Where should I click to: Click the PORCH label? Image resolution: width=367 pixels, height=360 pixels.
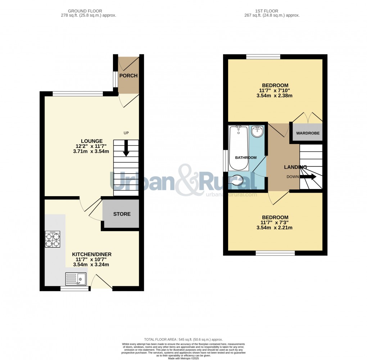[128, 76]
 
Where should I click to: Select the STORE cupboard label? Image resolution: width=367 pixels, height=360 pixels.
[122, 214]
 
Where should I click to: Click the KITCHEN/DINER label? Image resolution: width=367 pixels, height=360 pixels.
[91, 253]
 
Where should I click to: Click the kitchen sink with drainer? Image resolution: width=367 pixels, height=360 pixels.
[76, 279]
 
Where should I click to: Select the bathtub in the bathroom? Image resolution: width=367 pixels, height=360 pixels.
[239, 148]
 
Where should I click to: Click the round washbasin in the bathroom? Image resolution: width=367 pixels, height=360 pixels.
[257, 131]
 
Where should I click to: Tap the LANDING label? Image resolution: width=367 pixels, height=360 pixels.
[295, 167]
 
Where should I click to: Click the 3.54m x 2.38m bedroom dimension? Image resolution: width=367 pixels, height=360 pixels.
[275, 96]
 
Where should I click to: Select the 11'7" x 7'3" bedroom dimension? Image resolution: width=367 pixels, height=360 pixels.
[275, 222]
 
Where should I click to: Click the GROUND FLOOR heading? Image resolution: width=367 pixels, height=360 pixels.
[89, 11]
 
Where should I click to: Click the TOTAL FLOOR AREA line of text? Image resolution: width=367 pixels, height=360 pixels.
[183, 339]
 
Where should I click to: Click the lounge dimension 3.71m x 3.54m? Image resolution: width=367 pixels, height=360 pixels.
[91, 151]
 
